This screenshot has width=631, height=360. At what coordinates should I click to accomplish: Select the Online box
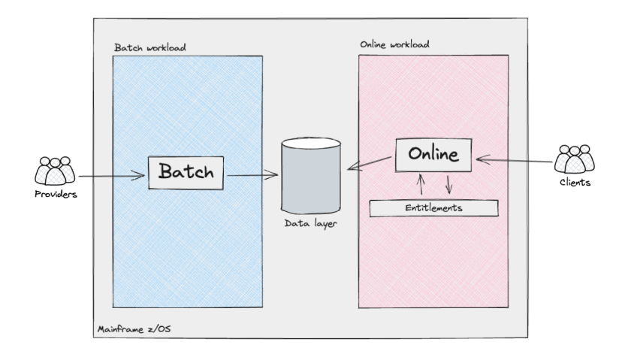(433, 156)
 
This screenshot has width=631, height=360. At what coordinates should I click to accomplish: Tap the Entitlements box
(433, 208)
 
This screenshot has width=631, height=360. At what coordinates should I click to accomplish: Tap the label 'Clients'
(575, 182)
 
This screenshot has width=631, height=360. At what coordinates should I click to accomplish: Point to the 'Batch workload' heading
(150, 47)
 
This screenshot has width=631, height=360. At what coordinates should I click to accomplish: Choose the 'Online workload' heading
(395, 44)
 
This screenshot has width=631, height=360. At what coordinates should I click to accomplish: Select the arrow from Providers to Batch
(111, 177)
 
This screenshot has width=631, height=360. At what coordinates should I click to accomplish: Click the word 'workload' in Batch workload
(166, 47)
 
